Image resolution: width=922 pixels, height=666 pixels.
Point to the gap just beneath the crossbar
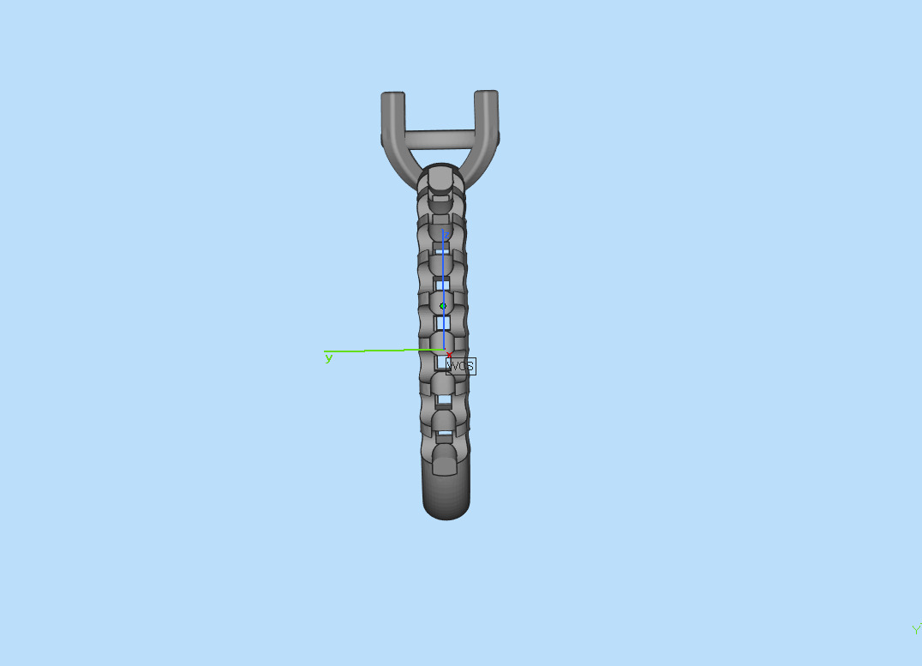440,154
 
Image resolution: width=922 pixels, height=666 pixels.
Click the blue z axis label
444,233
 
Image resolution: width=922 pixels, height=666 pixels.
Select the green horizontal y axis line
377,351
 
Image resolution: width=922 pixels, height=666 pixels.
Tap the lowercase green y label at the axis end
328,358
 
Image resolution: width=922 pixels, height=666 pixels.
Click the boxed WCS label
461,366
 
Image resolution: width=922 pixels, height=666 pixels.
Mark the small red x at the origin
449,354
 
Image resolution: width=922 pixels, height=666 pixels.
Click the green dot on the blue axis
443,306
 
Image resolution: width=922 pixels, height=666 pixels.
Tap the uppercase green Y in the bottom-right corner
916,630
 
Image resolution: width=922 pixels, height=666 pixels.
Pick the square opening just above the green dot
442,285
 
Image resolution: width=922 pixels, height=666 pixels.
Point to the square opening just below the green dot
443,323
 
